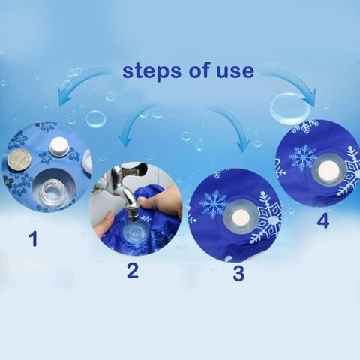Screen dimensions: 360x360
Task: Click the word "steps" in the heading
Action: tap(151, 71)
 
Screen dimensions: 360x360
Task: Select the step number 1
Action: tap(33, 238)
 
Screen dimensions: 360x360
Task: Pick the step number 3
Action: tap(238, 273)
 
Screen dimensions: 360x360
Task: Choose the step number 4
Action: tap(323, 220)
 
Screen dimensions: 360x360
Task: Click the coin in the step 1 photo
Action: tap(19, 159)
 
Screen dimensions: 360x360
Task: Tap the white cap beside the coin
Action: tap(59, 148)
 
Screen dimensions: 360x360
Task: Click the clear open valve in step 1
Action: tap(53, 189)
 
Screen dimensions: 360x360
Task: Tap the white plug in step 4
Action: tap(327, 170)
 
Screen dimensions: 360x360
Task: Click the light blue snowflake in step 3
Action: tap(213, 205)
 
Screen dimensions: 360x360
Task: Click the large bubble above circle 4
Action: tap(290, 107)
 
